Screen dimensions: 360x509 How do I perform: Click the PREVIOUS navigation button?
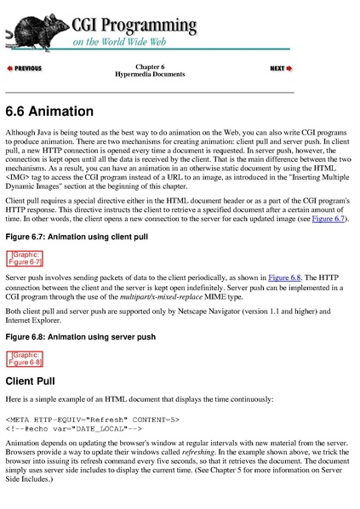click(25, 67)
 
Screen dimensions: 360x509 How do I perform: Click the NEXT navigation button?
click(281, 67)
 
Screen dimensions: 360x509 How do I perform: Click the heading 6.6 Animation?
click(49, 112)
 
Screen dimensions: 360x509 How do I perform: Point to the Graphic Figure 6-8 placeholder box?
click(25, 357)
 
